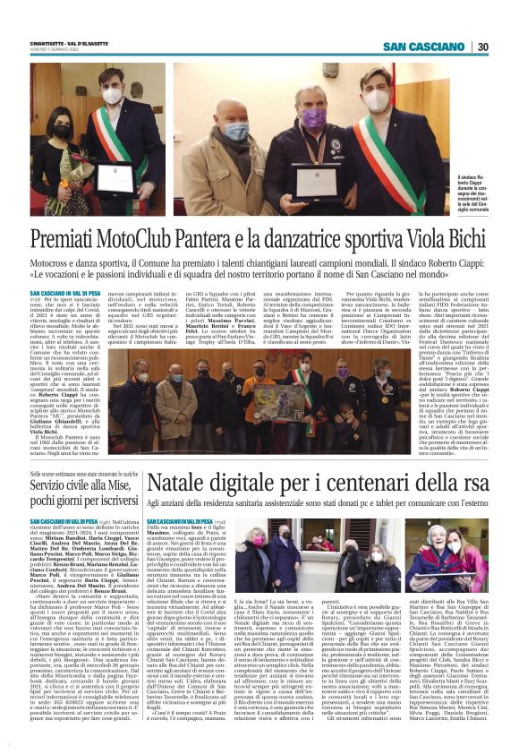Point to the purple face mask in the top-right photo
click(x=312, y=118)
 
